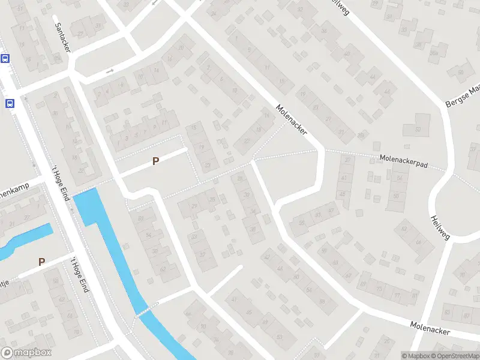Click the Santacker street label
[62, 37]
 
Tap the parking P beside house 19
[156, 161]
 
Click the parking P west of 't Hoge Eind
[41, 262]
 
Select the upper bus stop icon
[5, 58]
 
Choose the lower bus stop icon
[10, 103]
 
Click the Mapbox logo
[26, 353]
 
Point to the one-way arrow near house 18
[110, 71]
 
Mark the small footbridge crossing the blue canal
[142, 312]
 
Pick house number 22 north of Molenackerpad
[246, 141]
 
